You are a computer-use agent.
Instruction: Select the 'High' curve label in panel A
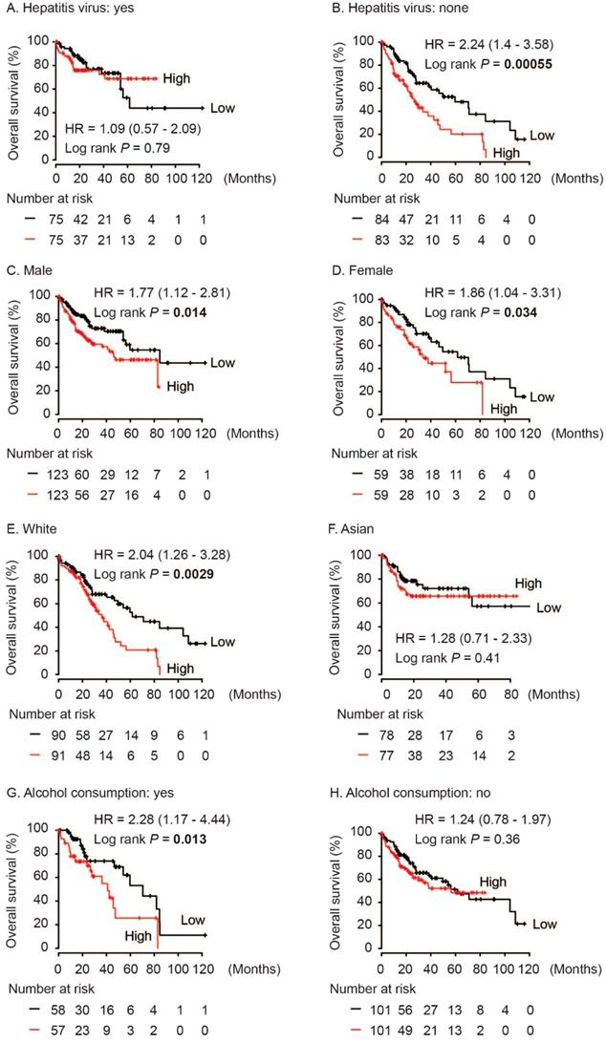click(x=177, y=77)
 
